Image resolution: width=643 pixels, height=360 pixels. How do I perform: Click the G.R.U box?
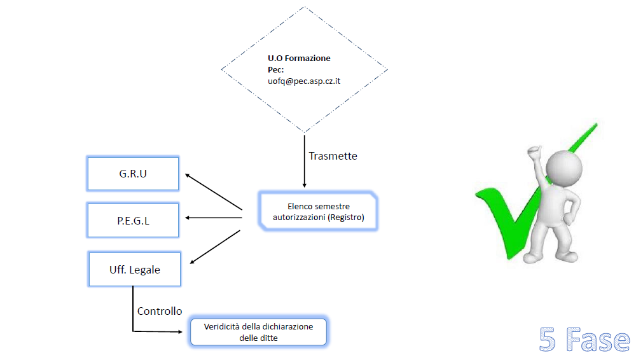point(133,173)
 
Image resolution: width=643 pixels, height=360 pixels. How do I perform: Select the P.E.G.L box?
point(133,220)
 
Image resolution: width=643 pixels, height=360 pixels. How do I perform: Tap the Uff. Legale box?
point(134,269)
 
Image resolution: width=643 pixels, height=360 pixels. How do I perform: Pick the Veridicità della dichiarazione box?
point(258,332)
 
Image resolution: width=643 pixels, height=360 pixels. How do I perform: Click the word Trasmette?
point(333,156)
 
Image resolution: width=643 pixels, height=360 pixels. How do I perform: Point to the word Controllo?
point(160,311)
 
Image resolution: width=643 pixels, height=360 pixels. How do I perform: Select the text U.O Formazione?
point(299,58)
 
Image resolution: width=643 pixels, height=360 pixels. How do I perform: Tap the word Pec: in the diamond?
point(276,69)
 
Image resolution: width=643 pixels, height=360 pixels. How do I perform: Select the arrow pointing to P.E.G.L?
point(214,218)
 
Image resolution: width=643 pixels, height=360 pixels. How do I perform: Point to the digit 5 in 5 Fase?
point(547,340)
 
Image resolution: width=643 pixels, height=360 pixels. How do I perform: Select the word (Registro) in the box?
point(352,218)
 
